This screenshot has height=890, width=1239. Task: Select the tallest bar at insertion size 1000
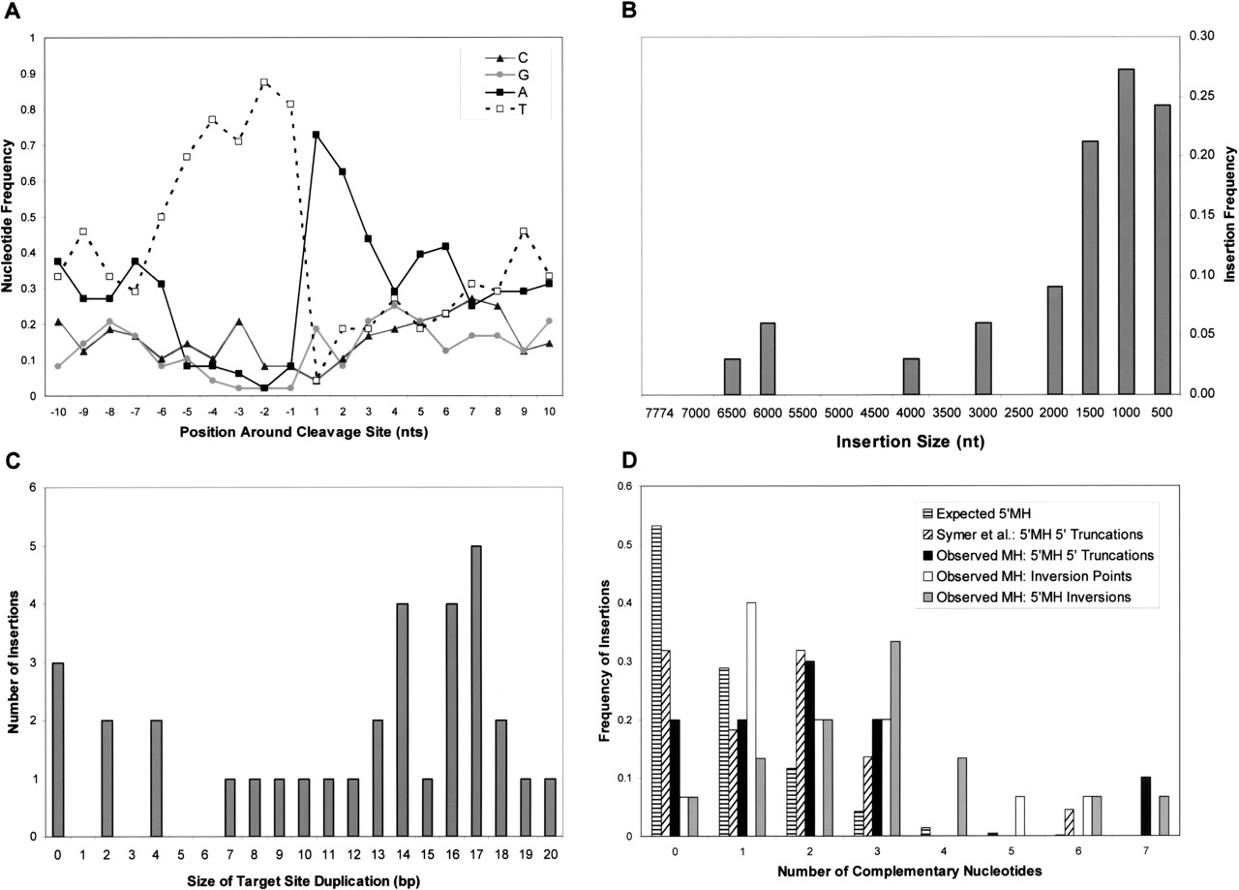click(1126, 232)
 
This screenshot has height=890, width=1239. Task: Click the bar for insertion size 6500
click(733, 377)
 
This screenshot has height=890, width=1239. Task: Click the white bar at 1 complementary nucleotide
click(751, 719)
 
